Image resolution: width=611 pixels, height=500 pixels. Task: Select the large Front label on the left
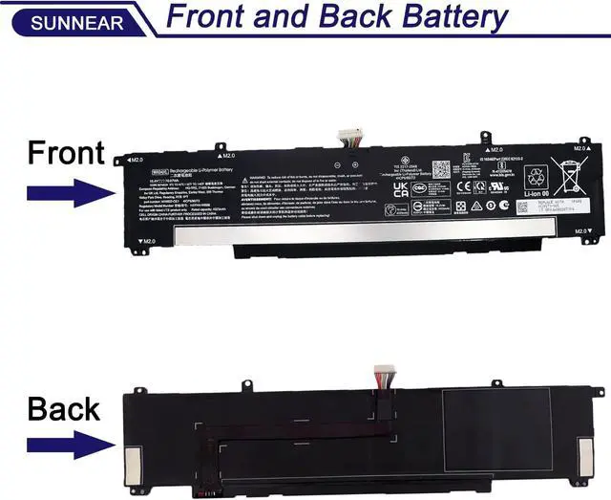tap(66, 152)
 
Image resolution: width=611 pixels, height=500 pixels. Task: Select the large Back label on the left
tap(63, 409)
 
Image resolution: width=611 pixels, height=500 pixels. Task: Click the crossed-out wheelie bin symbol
tap(570, 178)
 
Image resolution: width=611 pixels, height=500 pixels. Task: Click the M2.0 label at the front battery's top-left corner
tap(135, 160)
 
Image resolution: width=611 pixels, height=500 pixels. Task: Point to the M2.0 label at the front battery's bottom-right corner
tap(580, 231)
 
